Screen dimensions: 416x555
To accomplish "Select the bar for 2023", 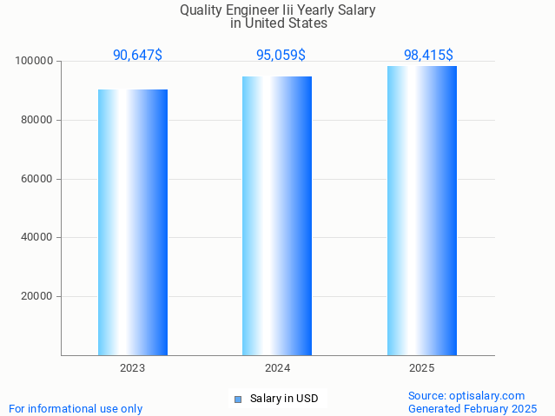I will coord(133,222).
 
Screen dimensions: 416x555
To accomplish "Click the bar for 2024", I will coord(277,215).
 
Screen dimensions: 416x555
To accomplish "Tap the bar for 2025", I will coord(422,210).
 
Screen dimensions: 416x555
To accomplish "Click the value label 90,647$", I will coord(137,56).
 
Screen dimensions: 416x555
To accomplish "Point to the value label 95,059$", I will coord(281,56).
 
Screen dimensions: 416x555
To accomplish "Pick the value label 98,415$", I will coord(428,56).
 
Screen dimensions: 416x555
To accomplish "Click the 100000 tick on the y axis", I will coord(35,62).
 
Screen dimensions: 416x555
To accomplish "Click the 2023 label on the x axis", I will coord(133,368).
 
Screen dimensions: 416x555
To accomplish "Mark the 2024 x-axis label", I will coord(277,368).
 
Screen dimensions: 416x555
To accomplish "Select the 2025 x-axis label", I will coord(422,368).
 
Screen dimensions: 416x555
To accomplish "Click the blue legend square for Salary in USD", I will coord(238,399).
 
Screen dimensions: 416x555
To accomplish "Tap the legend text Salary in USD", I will coord(284,399).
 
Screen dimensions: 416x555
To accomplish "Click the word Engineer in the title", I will coord(252,10).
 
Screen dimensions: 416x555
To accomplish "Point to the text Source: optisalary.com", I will coord(466,396).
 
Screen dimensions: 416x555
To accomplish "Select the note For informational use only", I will coord(76,409).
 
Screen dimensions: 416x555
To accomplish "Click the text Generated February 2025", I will coord(472,409).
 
